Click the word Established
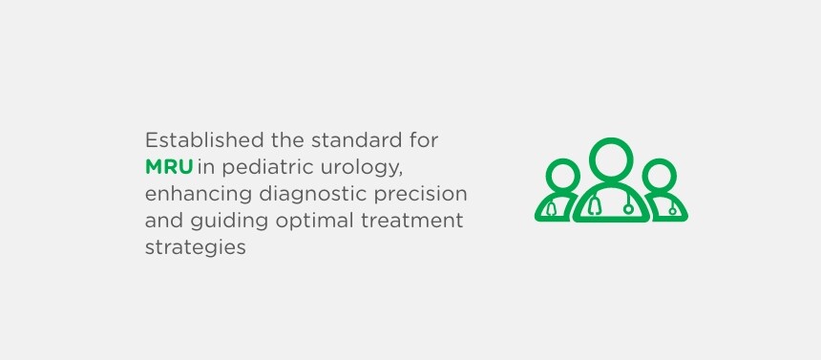pos(204,140)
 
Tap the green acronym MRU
pos(169,167)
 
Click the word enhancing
pos(199,195)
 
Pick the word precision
pos(420,195)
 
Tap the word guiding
pos(229,222)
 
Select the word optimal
pos(315,222)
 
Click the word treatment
pos(412,221)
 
